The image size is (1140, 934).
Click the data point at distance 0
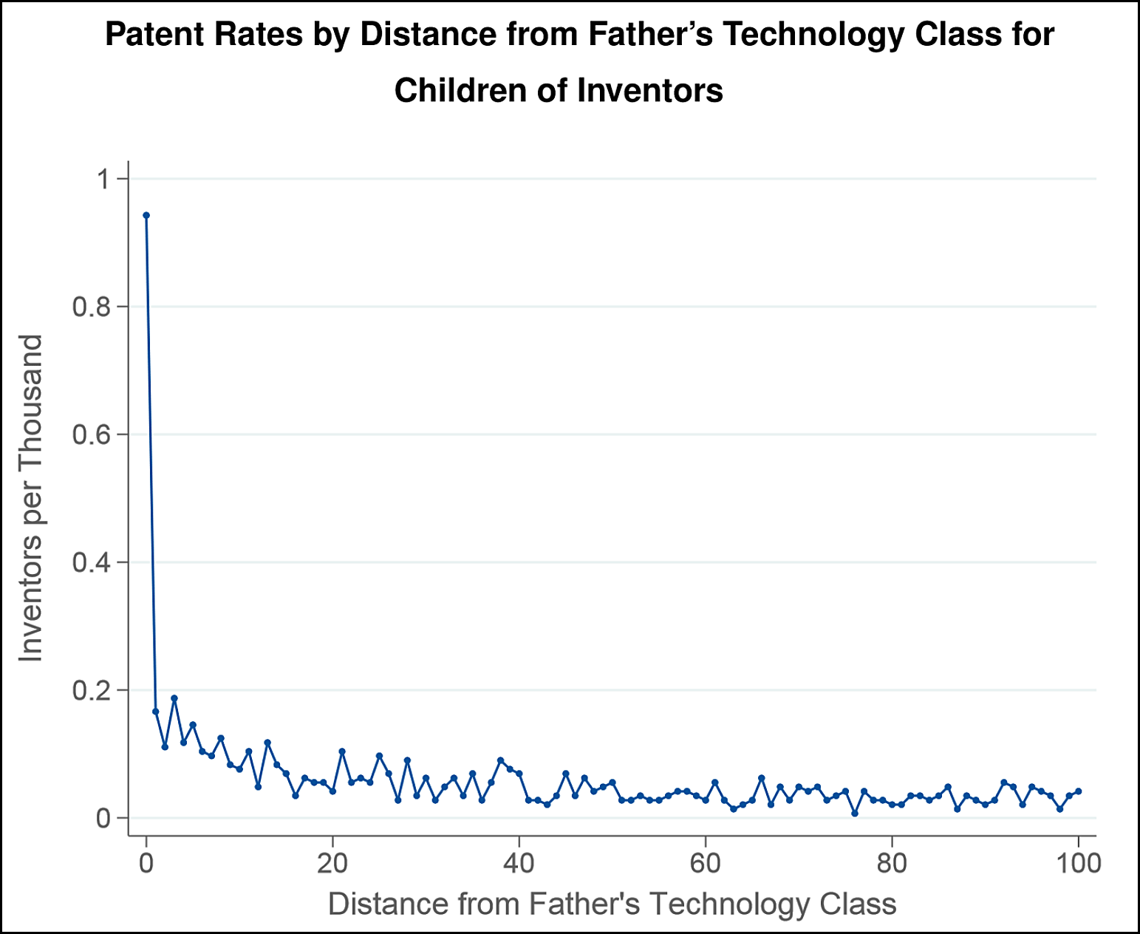[146, 216]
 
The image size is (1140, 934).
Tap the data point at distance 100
[1079, 791]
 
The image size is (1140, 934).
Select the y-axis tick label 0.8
[92, 307]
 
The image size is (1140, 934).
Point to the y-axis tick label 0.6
[92, 434]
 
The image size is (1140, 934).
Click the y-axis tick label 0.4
[92, 562]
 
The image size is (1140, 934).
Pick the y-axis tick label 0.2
[92, 690]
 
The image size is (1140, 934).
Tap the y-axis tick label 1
[103, 179]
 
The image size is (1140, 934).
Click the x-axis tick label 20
[332, 863]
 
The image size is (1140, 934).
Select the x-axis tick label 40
[519, 863]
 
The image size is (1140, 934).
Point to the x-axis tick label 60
[706, 863]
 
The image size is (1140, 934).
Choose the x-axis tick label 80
[892, 863]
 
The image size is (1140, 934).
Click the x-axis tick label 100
[1079, 863]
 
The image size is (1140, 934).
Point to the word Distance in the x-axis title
[388, 904]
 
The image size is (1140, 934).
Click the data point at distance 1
[156, 712]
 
